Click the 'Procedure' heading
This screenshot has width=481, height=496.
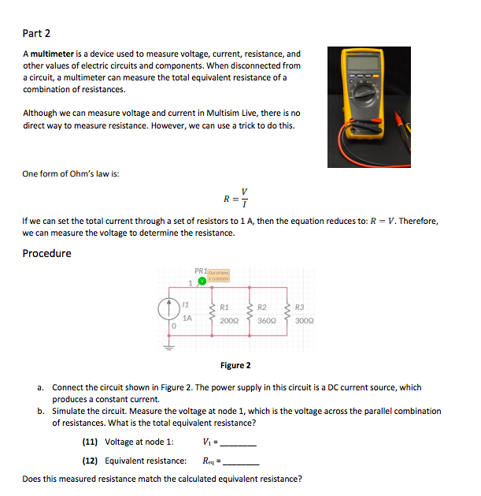46,253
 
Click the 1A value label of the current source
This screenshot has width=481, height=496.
187,319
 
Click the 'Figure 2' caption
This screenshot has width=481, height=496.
236,366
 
